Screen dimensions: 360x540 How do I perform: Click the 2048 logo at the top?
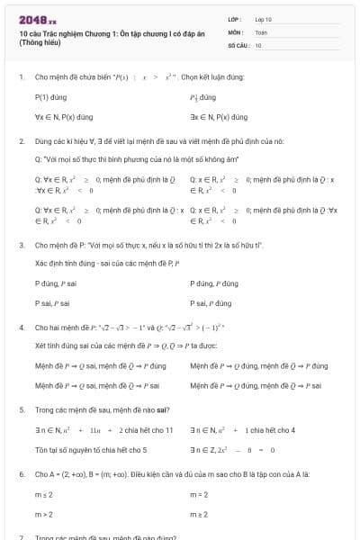[x=37, y=19]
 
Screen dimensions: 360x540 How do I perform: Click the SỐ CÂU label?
[x=237, y=44]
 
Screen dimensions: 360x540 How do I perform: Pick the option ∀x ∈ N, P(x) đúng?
[x=64, y=117]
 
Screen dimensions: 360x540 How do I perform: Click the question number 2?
[x=21, y=141]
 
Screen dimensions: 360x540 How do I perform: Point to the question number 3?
[x=21, y=245]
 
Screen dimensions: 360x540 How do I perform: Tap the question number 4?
[x=21, y=328]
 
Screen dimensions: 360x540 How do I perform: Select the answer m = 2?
[x=199, y=494]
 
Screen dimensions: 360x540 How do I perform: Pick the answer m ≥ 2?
[x=199, y=515]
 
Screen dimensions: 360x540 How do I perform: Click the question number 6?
[x=21, y=473]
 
